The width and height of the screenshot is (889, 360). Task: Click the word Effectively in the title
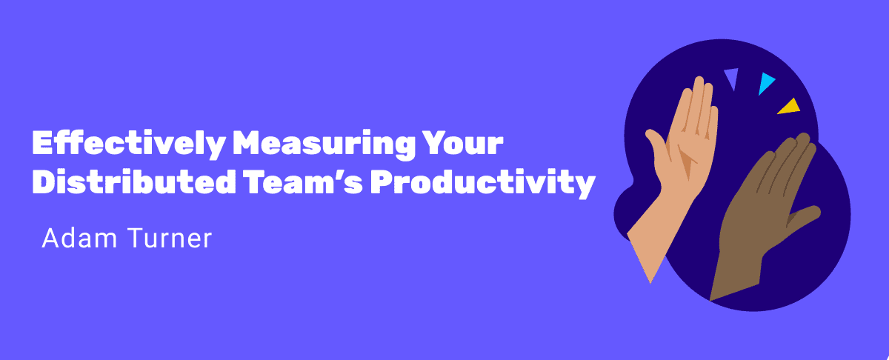coord(129,144)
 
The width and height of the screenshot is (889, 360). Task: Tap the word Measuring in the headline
coord(324,144)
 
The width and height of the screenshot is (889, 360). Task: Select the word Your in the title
coord(462,142)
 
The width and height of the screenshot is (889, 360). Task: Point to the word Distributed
coord(134,181)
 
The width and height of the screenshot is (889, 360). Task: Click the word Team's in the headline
coord(303,181)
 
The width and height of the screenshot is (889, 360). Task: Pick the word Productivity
coord(482,184)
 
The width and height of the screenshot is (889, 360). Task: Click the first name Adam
coord(79,238)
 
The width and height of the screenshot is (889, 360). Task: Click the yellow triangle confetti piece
coord(789,107)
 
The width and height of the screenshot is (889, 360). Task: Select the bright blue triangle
coord(765,82)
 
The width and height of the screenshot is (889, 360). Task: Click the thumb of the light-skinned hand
coord(657,149)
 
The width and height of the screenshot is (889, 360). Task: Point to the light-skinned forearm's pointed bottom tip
coord(650,284)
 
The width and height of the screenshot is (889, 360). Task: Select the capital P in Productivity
coord(382,181)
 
